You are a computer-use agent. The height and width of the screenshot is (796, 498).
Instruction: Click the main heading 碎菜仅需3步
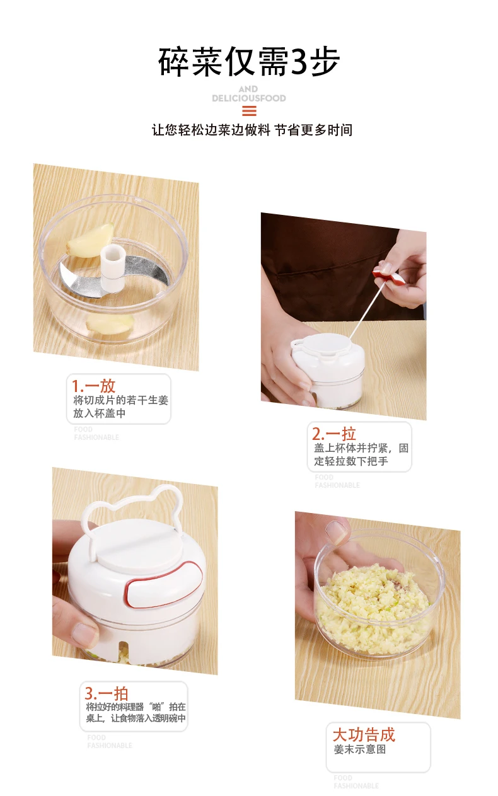249,62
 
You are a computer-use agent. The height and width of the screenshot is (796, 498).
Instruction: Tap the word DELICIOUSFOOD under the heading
249,98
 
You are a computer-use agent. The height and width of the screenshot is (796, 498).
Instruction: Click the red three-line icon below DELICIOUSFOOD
249,111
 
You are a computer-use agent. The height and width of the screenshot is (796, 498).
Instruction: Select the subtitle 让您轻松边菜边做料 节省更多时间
252,130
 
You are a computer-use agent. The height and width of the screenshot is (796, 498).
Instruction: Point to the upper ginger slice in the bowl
91,240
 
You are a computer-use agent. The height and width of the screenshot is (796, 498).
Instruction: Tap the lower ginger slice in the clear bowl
110,323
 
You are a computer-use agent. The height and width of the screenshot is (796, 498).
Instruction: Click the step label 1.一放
94,386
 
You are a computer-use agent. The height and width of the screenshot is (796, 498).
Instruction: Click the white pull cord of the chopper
366,310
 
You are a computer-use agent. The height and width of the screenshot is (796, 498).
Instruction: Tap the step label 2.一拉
333,434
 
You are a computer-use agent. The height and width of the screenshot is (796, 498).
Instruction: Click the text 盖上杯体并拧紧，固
361,448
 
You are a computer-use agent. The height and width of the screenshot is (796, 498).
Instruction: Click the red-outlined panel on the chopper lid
164,585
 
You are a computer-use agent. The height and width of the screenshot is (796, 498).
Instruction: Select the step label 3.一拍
107,693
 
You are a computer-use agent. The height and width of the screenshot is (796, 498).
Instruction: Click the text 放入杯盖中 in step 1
100,413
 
